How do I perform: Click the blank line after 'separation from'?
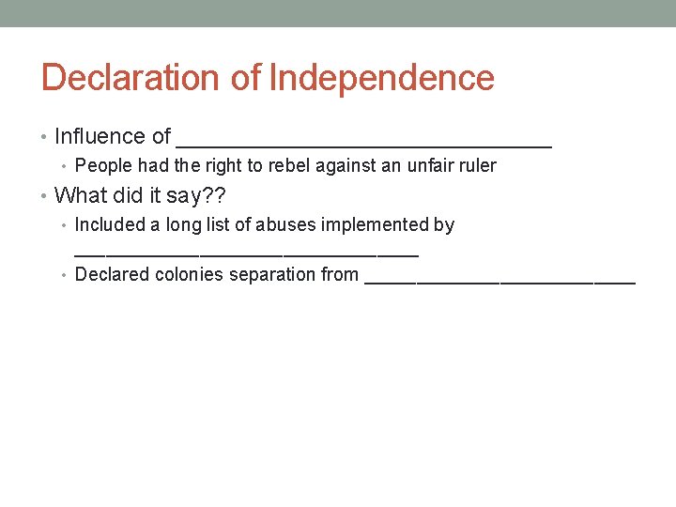click(x=499, y=280)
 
